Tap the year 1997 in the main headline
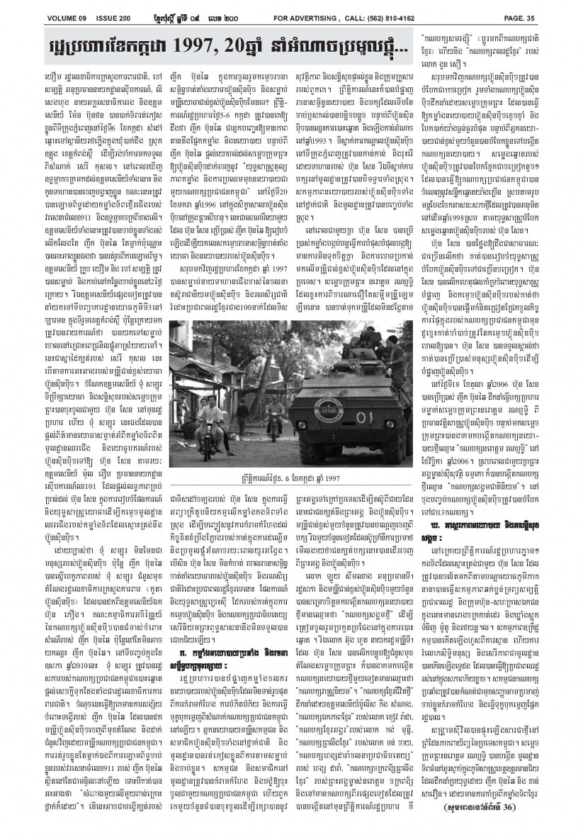pos(222,54)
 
